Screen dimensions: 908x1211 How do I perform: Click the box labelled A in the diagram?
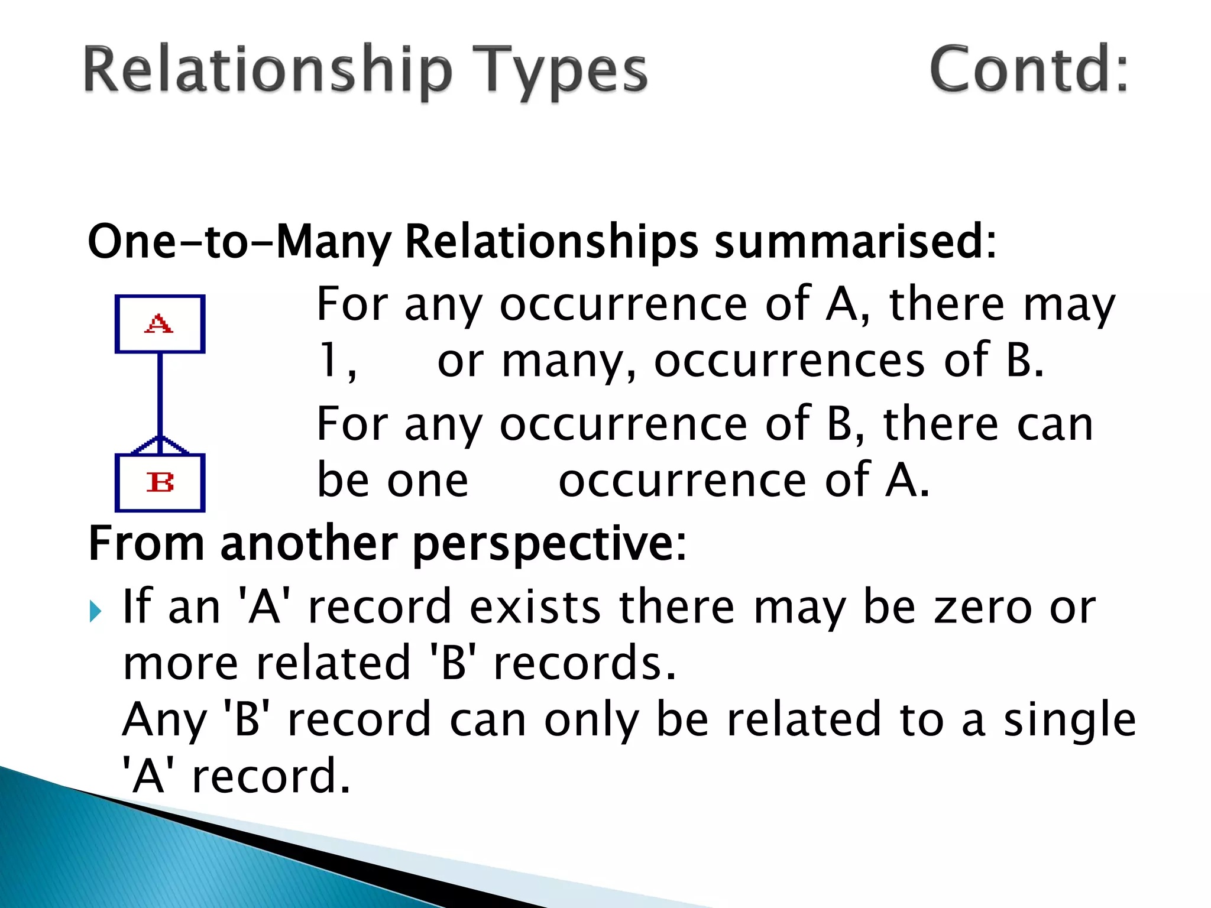pos(160,324)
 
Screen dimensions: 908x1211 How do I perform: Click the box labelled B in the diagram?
pos(160,482)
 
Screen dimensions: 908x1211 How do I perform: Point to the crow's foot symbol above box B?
pos(160,446)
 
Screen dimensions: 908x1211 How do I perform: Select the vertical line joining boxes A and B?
pos(160,393)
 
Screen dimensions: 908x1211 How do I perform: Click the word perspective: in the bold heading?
pos(549,544)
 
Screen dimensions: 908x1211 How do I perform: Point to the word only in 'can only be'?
pos(591,720)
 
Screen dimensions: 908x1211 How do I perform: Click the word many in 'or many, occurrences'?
pos(568,361)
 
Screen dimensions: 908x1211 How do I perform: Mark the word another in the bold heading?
pos(309,544)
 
